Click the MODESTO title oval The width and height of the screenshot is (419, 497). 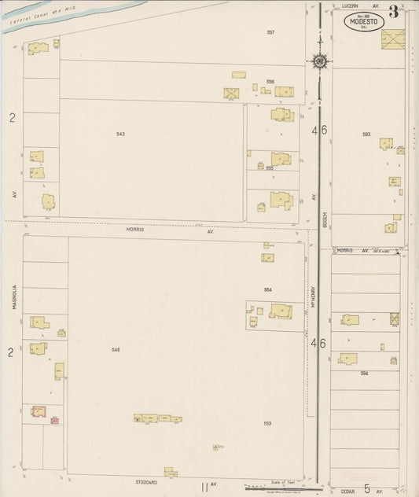(x=363, y=22)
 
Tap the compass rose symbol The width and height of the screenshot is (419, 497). (x=320, y=60)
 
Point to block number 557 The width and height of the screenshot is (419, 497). (x=270, y=32)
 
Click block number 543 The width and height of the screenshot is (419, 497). (x=120, y=134)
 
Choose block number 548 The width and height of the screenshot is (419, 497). (x=116, y=349)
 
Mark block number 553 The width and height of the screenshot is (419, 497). (x=267, y=424)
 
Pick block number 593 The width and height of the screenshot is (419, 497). (x=366, y=134)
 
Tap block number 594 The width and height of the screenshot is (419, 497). (x=364, y=373)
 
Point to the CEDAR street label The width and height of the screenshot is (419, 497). (x=348, y=491)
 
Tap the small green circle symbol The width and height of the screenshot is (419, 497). (x=216, y=447)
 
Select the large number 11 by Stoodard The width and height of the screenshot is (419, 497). (x=204, y=487)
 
